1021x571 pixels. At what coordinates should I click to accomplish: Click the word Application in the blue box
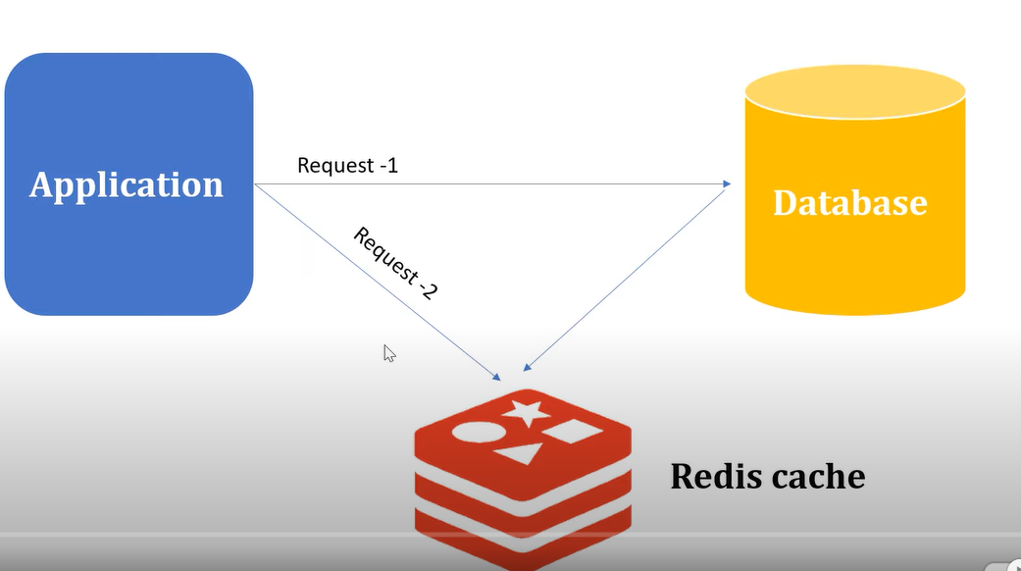(127, 184)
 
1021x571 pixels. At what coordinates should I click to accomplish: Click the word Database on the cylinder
(849, 202)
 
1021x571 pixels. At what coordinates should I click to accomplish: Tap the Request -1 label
(347, 165)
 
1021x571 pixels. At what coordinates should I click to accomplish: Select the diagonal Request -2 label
(394, 263)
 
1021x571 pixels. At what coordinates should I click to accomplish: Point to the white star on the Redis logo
(529, 412)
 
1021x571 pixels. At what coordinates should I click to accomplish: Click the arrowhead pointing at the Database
(727, 183)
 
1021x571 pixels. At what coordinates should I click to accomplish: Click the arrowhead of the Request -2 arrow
(496, 377)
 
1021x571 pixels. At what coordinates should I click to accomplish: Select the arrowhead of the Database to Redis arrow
(528, 368)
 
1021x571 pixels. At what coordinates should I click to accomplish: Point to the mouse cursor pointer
(388, 353)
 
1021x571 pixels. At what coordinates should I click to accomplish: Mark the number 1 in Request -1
(392, 165)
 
